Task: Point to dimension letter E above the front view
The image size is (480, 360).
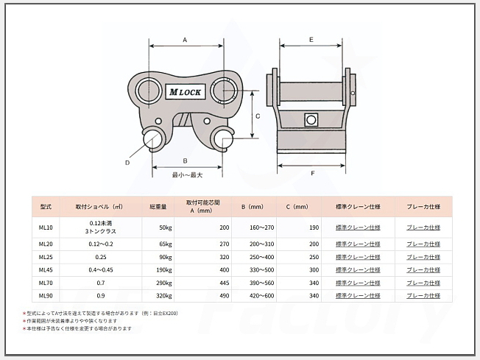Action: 311,38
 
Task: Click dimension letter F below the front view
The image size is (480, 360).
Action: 312,174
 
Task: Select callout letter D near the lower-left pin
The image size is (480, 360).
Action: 127,162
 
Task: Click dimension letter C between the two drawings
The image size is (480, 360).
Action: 258,116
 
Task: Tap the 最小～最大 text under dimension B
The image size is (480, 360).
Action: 186,175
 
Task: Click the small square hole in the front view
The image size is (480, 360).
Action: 311,119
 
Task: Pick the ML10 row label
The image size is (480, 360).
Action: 45,227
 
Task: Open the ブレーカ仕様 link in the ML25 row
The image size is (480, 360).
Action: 423,257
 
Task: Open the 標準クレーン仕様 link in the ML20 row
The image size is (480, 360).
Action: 358,244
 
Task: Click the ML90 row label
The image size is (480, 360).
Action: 45,296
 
